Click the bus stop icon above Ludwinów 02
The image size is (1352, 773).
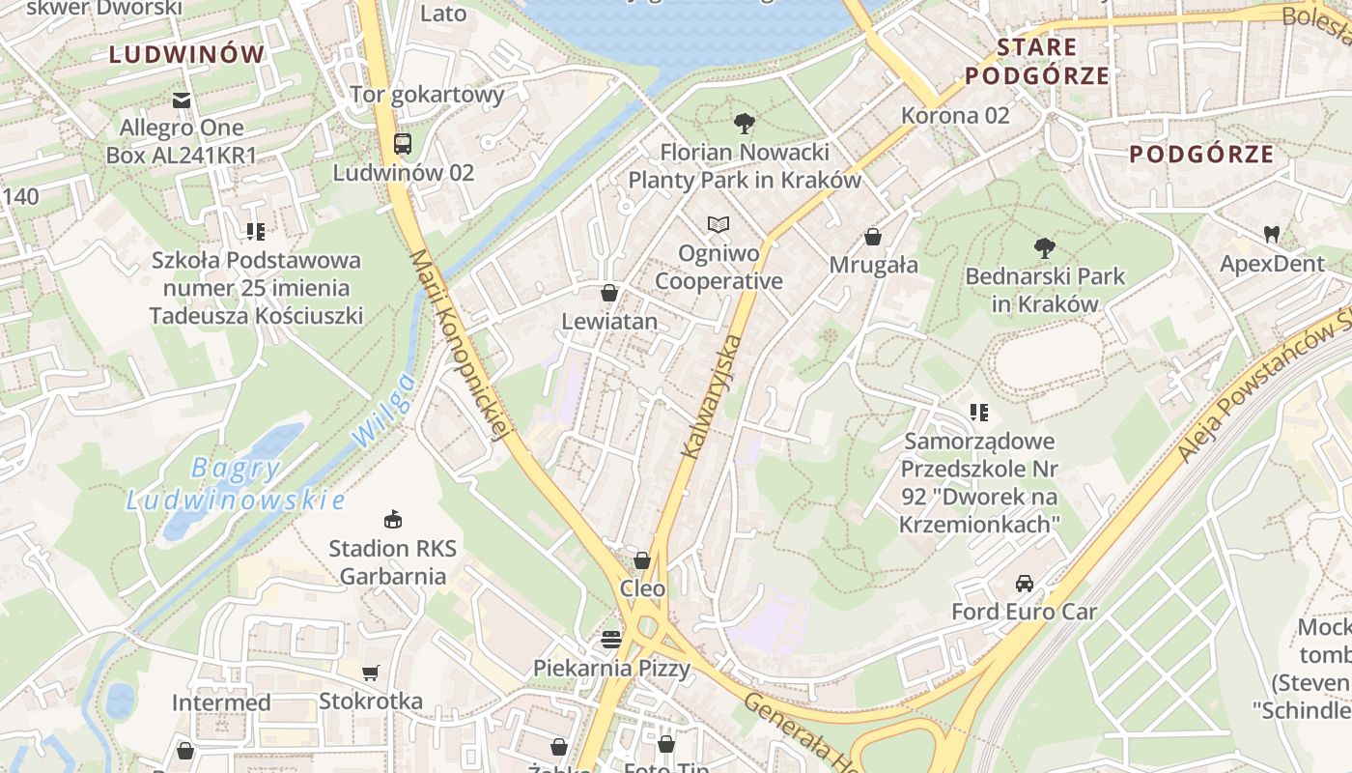[x=403, y=144]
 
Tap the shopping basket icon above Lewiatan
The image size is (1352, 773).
[x=609, y=293]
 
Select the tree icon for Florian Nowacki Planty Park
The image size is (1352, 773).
[x=744, y=124]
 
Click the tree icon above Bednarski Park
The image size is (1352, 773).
[x=1044, y=248]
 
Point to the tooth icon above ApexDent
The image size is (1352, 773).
[x=1272, y=234]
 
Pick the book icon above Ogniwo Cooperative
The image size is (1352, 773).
[x=718, y=225]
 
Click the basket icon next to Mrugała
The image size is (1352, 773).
[x=873, y=237]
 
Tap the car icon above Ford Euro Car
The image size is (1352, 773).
[x=1024, y=584]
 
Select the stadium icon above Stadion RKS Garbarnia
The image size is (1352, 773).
[x=392, y=520]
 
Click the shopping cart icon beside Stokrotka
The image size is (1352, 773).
[x=371, y=673]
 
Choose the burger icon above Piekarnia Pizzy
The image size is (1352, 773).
[x=610, y=639]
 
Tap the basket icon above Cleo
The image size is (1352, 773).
[x=642, y=560]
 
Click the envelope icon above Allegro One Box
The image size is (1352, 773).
[x=181, y=100]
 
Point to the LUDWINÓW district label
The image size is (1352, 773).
[x=186, y=54]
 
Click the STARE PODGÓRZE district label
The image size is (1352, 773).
[x=1037, y=61]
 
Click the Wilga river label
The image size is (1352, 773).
[x=384, y=410]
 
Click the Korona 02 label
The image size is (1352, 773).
[x=954, y=116]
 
